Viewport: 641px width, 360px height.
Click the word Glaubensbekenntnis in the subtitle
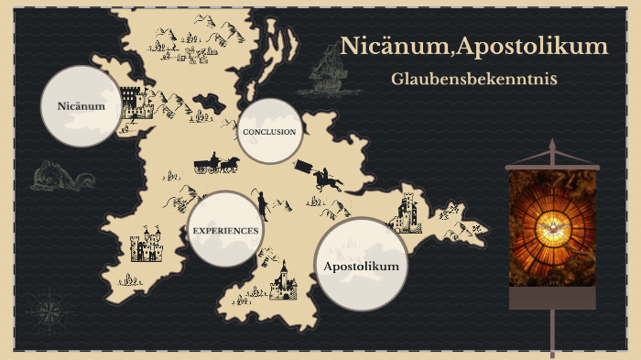point(473,79)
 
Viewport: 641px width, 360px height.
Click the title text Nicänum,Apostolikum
point(473,46)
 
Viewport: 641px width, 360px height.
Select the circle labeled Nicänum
point(81,106)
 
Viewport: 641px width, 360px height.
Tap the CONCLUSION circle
point(269,132)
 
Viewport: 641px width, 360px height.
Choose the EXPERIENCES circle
point(225,230)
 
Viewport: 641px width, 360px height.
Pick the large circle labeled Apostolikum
point(362,265)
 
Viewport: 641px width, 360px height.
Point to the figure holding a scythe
point(262,205)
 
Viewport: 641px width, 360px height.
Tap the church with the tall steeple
point(283,279)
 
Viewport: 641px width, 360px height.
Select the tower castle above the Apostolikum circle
point(405,213)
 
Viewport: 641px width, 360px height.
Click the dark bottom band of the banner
point(552,298)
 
